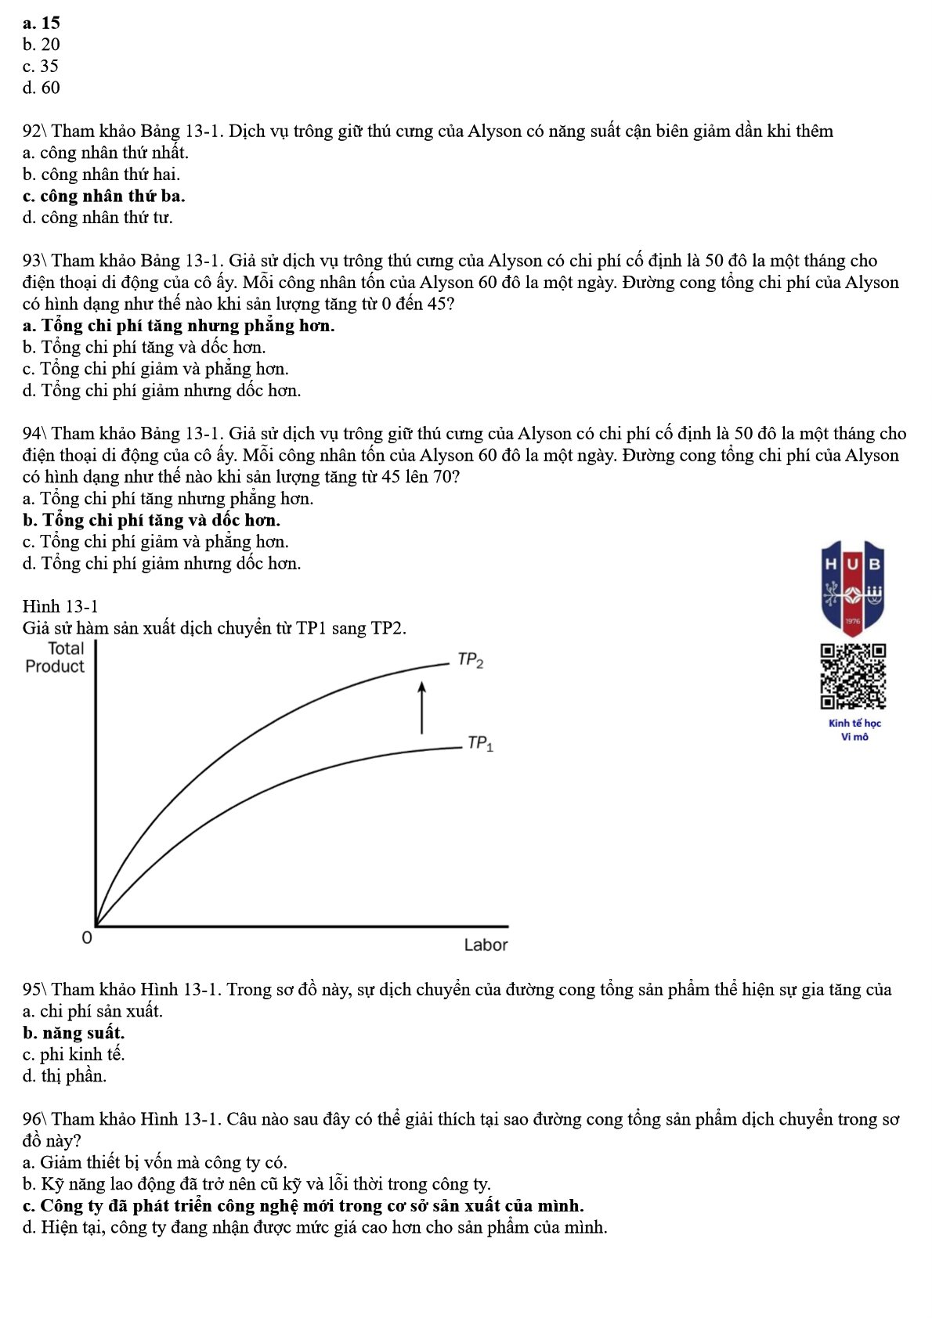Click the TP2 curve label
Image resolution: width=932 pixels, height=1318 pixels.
coord(471,661)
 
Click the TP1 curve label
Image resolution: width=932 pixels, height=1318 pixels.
coord(480,743)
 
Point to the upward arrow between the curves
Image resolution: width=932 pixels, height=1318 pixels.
coord(422,708)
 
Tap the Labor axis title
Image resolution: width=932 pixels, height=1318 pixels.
coord(486,945)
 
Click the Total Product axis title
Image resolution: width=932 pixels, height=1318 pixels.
coord(55,658)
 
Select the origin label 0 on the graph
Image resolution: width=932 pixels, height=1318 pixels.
coord(87,937)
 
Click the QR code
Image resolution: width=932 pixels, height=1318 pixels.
coord(853,676)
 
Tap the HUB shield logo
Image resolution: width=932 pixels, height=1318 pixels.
coord(853,587)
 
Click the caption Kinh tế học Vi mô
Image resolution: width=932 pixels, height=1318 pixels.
coord(854,730)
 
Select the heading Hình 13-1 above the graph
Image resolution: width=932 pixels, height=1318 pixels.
coord(60,606)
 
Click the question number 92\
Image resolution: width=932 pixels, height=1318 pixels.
coord(35,131)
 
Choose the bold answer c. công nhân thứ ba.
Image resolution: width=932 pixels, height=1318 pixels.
coord(103,196)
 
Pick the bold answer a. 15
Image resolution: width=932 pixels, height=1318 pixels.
coord(42,23)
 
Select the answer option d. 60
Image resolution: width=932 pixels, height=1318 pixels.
coord(42,88)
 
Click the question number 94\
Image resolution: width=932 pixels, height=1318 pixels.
coord(35,434)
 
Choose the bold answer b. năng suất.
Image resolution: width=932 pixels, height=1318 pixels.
coord(74,1033)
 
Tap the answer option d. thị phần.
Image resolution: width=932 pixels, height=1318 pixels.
coord(64,1076)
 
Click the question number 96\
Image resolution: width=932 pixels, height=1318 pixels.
coord(35,1119)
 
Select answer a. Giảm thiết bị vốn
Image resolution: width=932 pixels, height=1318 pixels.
coord(154,1162)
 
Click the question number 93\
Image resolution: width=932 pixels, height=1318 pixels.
coord(35,261)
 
